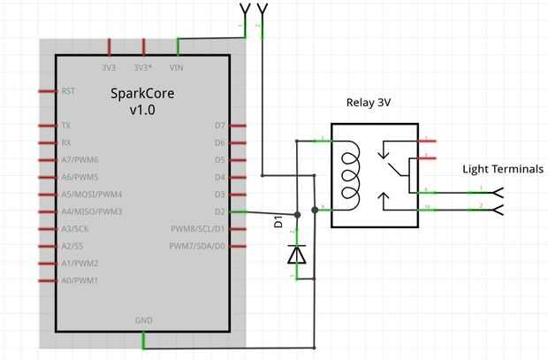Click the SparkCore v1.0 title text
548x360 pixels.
[x=141, y=101]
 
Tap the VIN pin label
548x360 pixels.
[x=177, y=66]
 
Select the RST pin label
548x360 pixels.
[x=68, y=91]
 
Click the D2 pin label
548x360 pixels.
[x=220, y=212]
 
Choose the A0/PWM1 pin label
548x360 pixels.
[x=80, y=280]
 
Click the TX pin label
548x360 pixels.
[x=66, y=126]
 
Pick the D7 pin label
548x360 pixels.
[x=220, y=126]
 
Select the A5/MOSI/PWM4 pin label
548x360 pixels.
[x=91, y=195]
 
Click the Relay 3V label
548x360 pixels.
[x=369, y=103]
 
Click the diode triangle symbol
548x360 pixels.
[x=297, y=255]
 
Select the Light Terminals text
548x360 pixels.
[x=503, y=169]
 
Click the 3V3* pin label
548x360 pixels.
[x=143, y=66]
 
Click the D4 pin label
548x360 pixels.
[x=220, y=178]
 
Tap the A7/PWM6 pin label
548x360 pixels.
[x=80, y=160]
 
